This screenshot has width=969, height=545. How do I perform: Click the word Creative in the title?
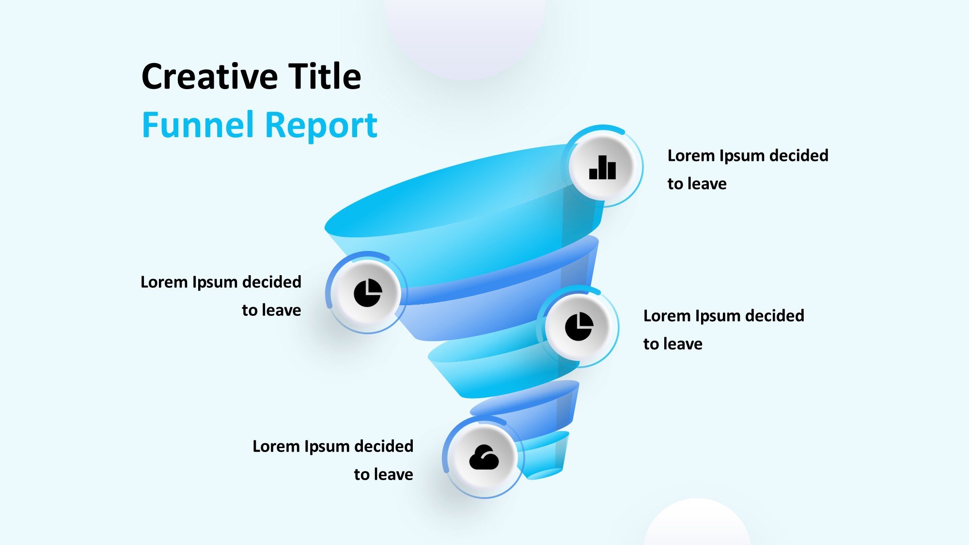tap(210, 77)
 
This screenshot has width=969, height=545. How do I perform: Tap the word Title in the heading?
tap(325, 76)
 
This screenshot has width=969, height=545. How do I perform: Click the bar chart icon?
tap(602, 167)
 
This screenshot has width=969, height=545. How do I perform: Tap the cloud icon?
tap(484, 457)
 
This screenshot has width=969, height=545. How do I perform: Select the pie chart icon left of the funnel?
tap(368, 293)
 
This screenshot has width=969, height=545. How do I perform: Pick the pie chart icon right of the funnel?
tap(579, 327)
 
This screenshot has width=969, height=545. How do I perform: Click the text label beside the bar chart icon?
tap(748, 170)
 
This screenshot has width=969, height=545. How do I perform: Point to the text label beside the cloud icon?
tap(333, 460)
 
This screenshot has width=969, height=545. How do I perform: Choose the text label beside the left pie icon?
tap(221, 296)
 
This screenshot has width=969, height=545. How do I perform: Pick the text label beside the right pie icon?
tap(723, 330)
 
